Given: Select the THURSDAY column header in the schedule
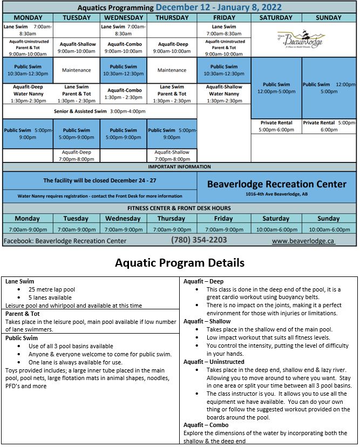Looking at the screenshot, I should [172, 17].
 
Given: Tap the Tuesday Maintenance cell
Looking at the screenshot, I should [76, 70].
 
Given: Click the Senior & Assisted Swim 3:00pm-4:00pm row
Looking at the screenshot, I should [100, 111].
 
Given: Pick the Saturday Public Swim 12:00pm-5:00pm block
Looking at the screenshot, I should [276, 87].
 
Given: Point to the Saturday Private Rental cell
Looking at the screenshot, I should [276, 126].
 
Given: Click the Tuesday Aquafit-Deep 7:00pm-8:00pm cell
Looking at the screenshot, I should [76, 155].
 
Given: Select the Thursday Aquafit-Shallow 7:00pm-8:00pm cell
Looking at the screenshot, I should [172, 155].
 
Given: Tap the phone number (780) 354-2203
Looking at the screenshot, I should [199, 240].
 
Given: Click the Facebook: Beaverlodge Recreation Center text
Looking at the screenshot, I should [65, 240].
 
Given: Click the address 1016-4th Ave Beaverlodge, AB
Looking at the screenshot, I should [276, 194].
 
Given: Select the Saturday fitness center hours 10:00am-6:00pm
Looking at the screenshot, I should [276, 229].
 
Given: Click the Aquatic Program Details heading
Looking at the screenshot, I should [180, 263].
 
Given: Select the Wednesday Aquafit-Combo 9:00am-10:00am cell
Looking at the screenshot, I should [124, 48].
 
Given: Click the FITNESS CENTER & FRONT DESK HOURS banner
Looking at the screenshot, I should [179, 208].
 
